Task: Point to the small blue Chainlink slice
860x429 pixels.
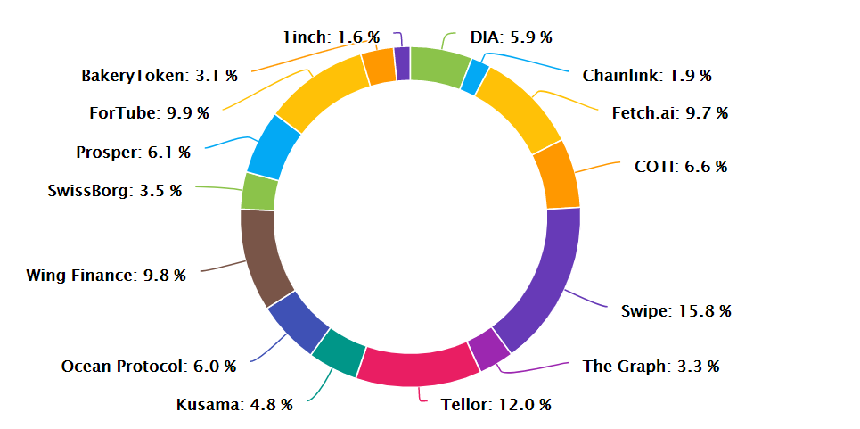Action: (473, 77)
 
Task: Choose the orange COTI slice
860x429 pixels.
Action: (555, 175)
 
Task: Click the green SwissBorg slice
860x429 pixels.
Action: (258, 192)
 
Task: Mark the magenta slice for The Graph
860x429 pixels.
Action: (487, 348)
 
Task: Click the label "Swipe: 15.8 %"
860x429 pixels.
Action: (676, 311)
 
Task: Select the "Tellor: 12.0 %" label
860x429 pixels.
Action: (496, 405)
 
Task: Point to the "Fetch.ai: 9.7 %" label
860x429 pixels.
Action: (669, 113)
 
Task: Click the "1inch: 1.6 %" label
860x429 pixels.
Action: (331, 37)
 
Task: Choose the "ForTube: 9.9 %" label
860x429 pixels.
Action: (149, 113)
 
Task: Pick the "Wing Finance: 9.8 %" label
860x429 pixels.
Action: (106, 275)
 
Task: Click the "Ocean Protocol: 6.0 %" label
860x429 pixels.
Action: (148, 366)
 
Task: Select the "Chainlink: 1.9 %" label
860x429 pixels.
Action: (647, 76)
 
